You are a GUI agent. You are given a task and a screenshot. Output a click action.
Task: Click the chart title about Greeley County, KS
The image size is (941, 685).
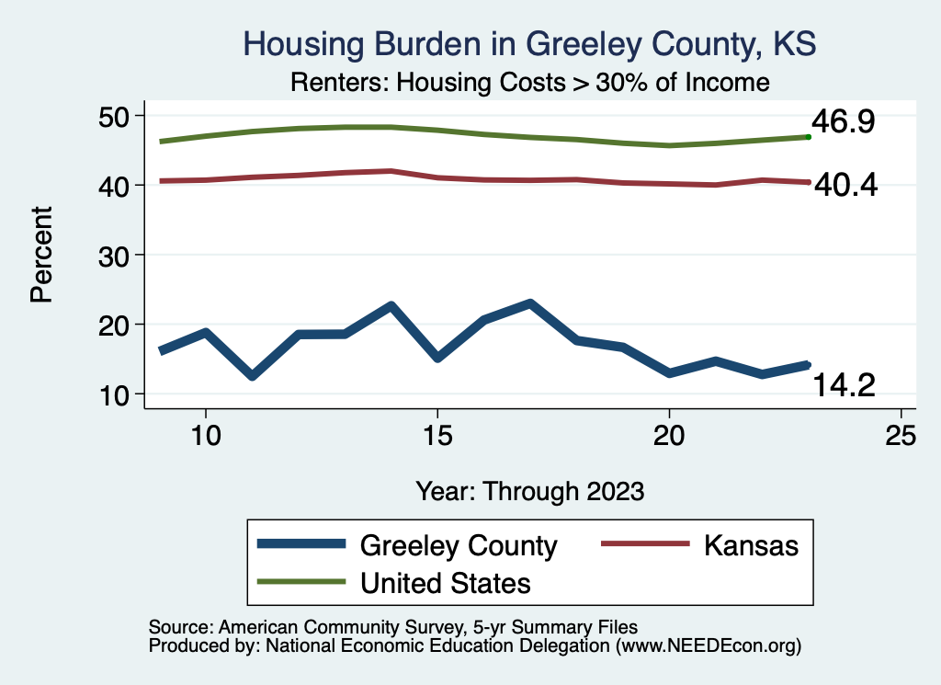click(529, 43)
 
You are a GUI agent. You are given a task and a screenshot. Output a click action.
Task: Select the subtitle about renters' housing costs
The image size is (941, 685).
click(529, 82)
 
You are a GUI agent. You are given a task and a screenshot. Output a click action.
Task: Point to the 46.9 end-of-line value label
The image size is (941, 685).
click(842, 122)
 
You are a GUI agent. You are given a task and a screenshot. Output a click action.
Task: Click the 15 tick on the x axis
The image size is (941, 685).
click(437, 435)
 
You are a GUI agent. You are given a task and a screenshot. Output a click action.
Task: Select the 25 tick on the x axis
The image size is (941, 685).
click(901, 435)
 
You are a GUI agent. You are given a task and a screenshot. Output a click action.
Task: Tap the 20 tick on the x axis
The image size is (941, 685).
click(669, 435)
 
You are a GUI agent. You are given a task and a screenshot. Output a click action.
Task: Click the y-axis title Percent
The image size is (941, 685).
click(40, 255)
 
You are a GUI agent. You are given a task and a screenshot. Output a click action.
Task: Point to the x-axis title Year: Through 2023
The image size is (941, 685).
click(529, 490)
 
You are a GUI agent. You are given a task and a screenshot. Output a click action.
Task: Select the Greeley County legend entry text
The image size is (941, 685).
click(459, 545)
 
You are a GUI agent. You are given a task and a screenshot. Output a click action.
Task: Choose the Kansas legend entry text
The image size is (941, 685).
click(751, 545)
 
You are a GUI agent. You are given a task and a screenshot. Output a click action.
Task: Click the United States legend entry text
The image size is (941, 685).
click(446, 582)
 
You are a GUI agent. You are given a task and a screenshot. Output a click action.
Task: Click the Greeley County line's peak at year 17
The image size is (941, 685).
click(530, 303)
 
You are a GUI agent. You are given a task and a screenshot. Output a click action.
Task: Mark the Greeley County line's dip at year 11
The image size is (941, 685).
click(252, 375)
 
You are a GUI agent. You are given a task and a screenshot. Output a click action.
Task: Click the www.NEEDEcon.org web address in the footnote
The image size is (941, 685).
click(709, 646)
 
